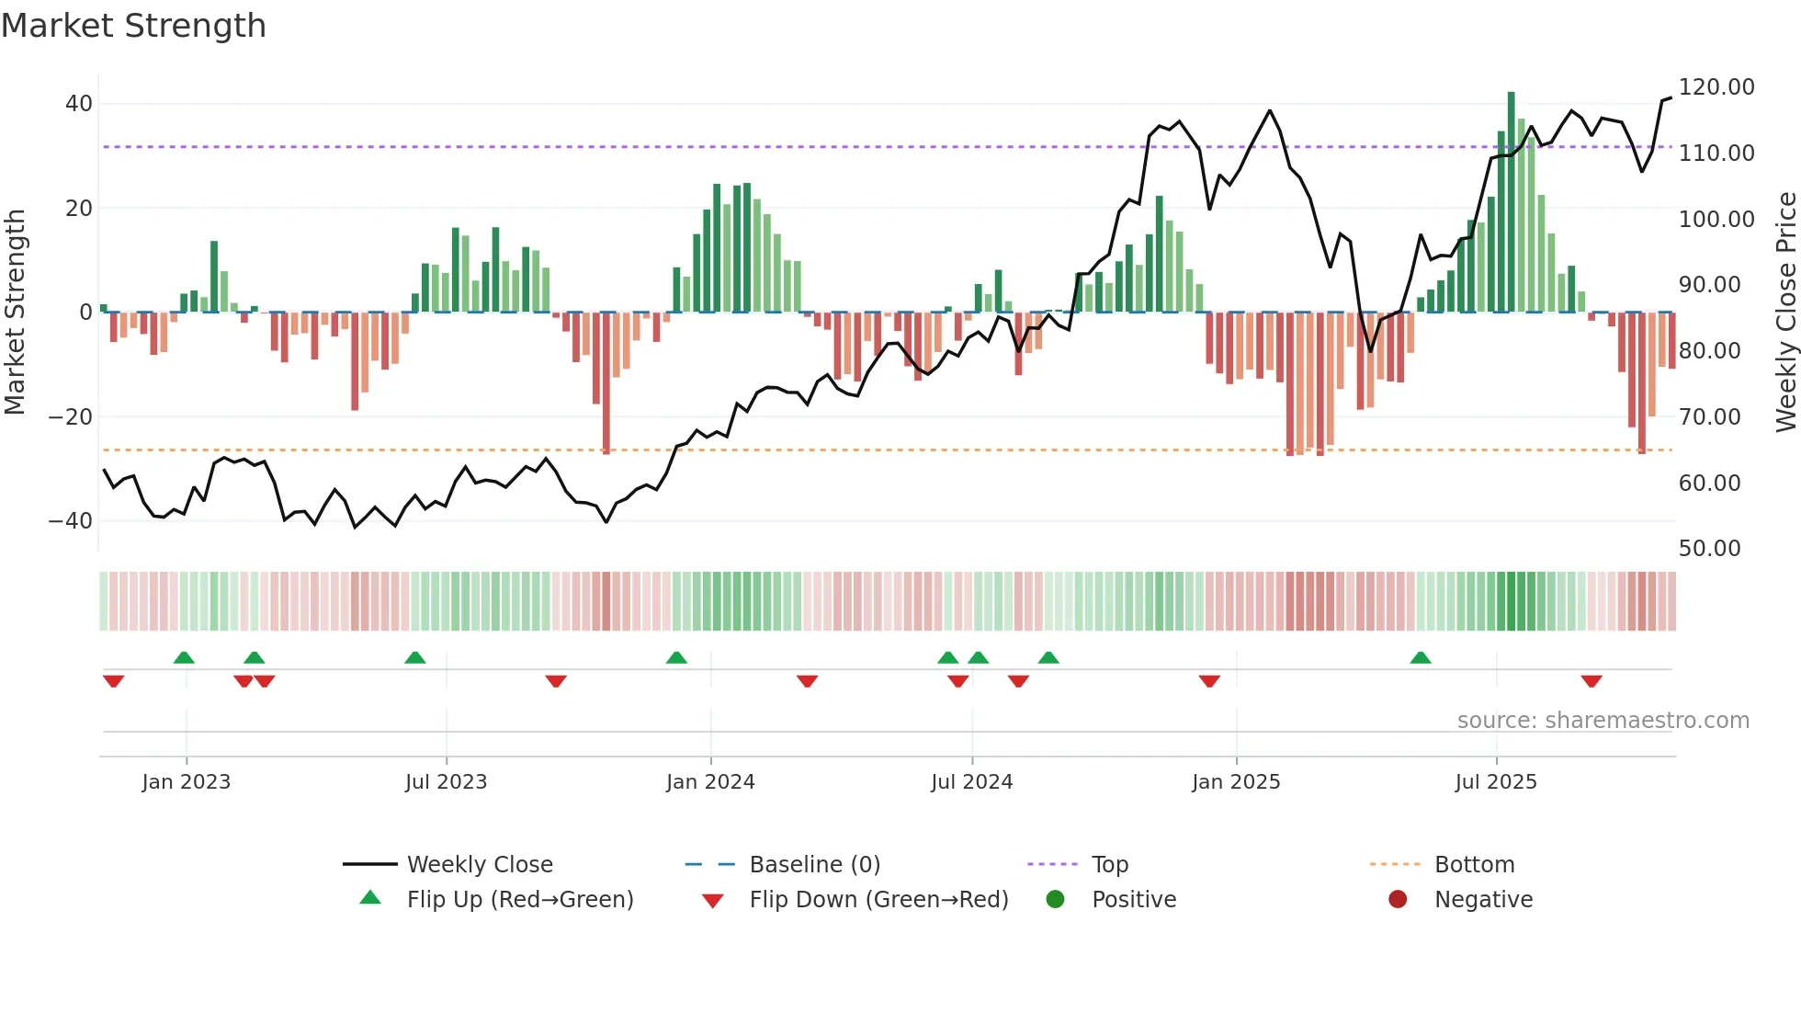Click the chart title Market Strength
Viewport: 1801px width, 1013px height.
[133, 26]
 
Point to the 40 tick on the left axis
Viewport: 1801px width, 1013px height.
[79, 104]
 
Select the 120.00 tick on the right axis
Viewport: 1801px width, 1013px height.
[1716, 87]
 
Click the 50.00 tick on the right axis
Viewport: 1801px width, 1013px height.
[1709, 549]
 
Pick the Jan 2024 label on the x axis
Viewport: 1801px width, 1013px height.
[710, 782]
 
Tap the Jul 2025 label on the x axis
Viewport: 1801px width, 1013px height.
[1495, 782]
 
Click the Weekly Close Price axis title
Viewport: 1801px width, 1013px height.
[1785, 313]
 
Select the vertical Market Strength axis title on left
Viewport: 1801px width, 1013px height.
[16, 313]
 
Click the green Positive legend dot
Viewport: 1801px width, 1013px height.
[1055, 900]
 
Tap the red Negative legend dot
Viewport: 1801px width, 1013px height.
[1398, 900]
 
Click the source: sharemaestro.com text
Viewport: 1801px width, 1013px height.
[1603, 721]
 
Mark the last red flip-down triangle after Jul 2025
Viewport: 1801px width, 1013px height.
[1591, 681]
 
